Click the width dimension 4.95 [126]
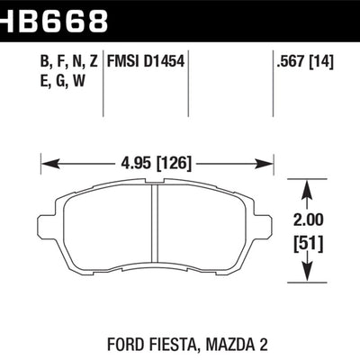pos(157,164)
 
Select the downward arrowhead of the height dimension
pos(309,279)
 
